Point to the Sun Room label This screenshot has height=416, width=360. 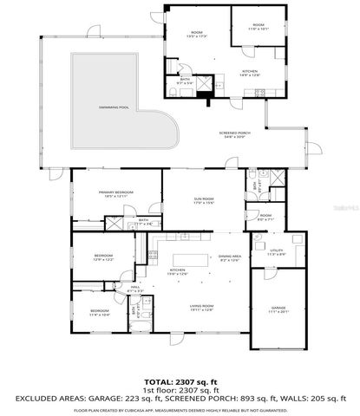(x=203, y=201)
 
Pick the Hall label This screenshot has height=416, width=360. (x=134, y=289)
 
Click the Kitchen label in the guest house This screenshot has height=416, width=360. (x=249, y=73)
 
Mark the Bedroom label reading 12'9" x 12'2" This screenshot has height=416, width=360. (x=103, y=258)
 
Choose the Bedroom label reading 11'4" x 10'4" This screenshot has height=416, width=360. (x=100, y=312)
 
